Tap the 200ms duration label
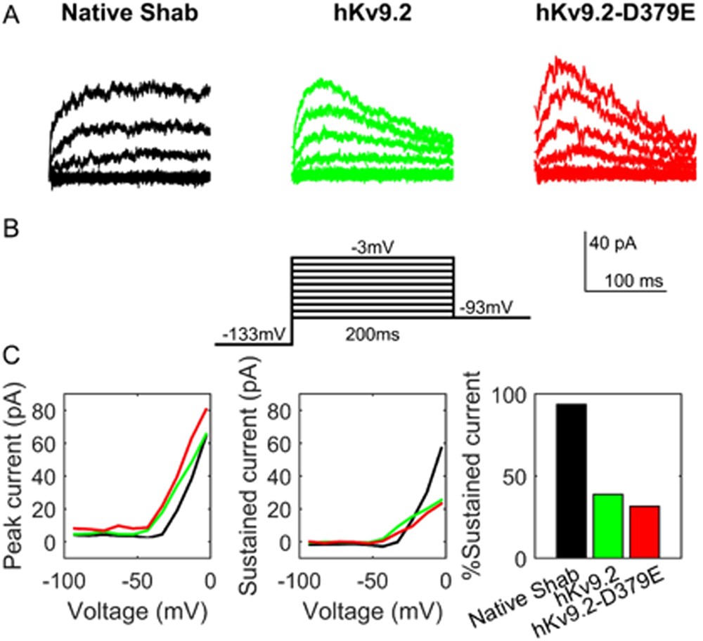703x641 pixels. [x=371, y=335]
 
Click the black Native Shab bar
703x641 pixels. [x=571, y=481]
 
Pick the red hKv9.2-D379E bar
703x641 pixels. [x=644, y=532]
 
